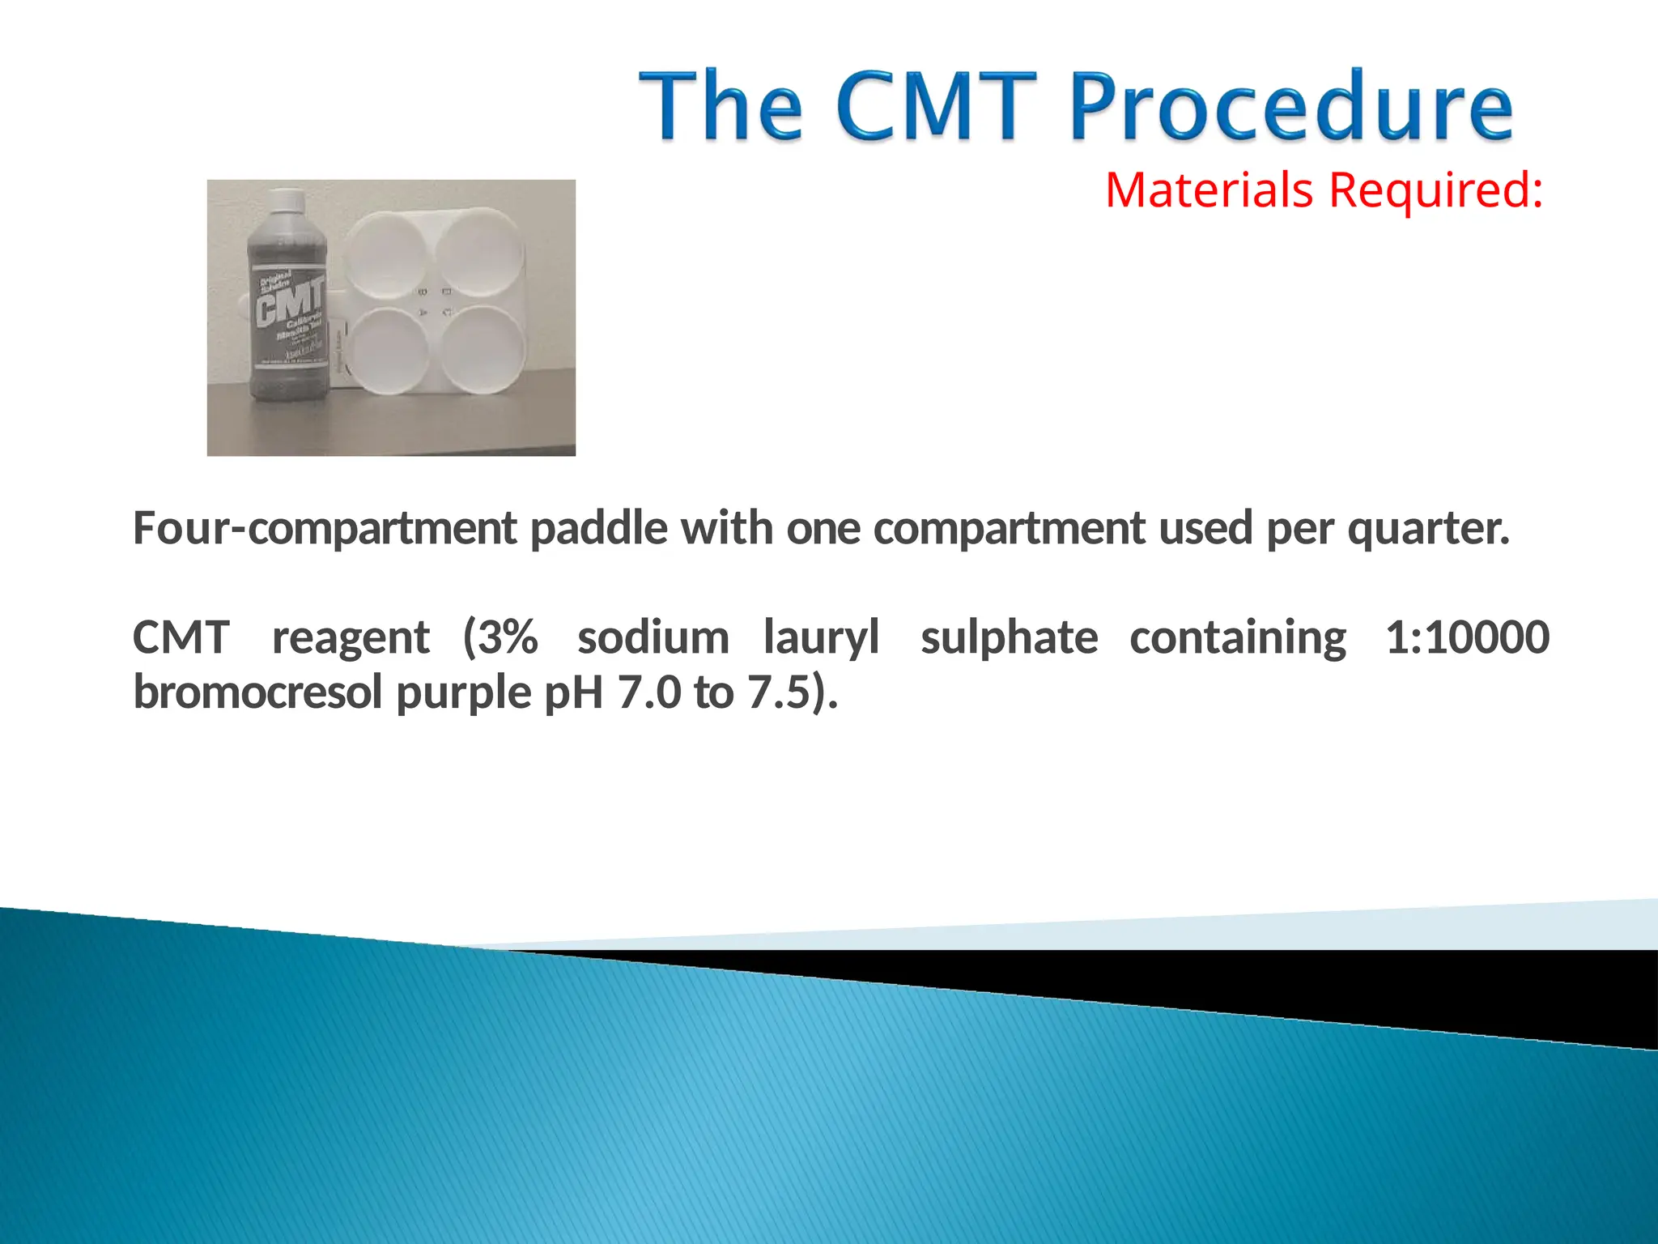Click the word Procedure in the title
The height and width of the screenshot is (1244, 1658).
1290,107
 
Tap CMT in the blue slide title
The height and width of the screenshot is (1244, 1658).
936,107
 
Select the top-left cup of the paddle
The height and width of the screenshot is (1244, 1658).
386,251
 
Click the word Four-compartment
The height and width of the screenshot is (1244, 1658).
325,528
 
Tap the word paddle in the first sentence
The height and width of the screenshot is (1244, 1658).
599,528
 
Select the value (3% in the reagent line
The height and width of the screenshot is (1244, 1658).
500,637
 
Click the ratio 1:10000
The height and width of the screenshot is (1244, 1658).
1467,637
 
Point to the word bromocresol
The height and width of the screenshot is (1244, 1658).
257,692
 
